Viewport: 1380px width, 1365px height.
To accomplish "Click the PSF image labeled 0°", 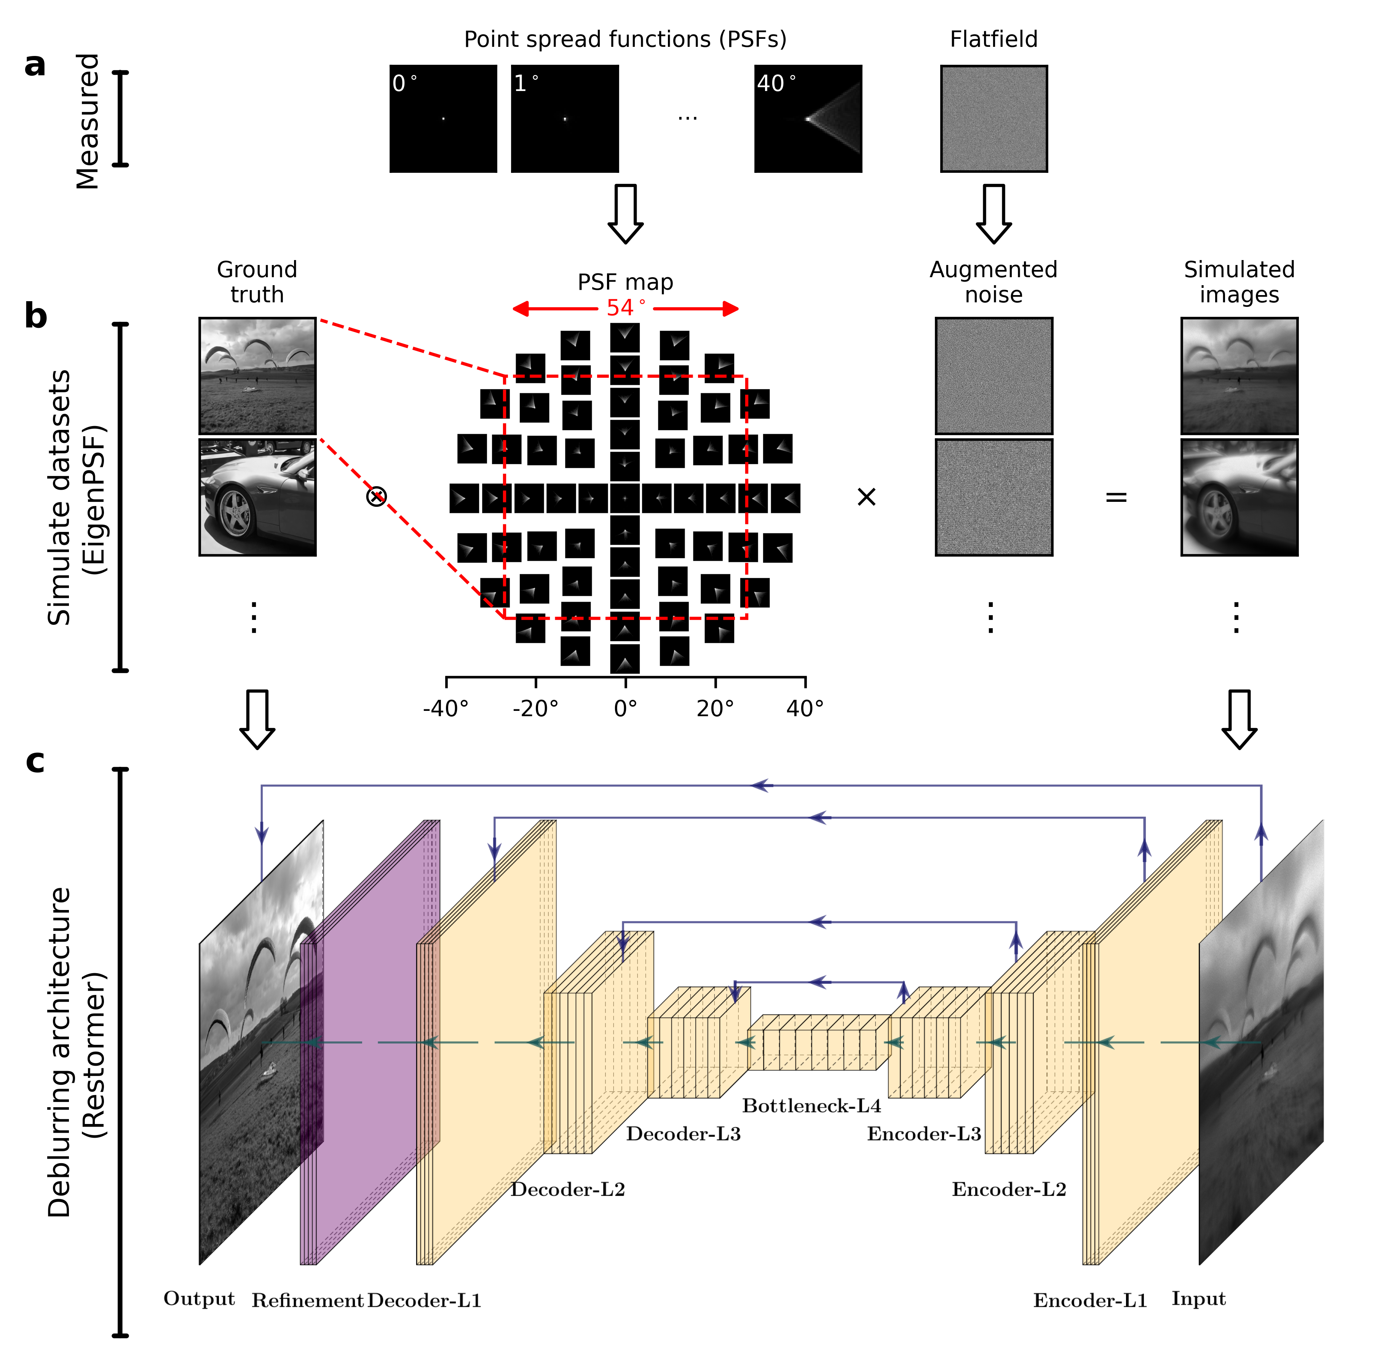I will point(443,118).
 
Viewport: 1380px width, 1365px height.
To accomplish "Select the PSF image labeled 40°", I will point(808,118).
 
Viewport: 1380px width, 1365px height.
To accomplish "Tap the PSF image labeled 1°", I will point(564,118).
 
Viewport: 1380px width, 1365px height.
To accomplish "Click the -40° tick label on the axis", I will point(446,709).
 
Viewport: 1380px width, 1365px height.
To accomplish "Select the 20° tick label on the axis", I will point(715,709).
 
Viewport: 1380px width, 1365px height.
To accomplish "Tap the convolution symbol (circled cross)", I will point(377,497).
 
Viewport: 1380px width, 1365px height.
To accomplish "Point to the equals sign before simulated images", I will point(1116,497).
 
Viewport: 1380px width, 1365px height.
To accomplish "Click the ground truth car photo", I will point(257,497).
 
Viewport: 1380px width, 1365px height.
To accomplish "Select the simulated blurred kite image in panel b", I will point(1239,376).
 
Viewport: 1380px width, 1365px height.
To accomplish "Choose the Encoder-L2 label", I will point(1009,1189).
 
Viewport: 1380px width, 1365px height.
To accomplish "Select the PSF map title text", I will point(625,282).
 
